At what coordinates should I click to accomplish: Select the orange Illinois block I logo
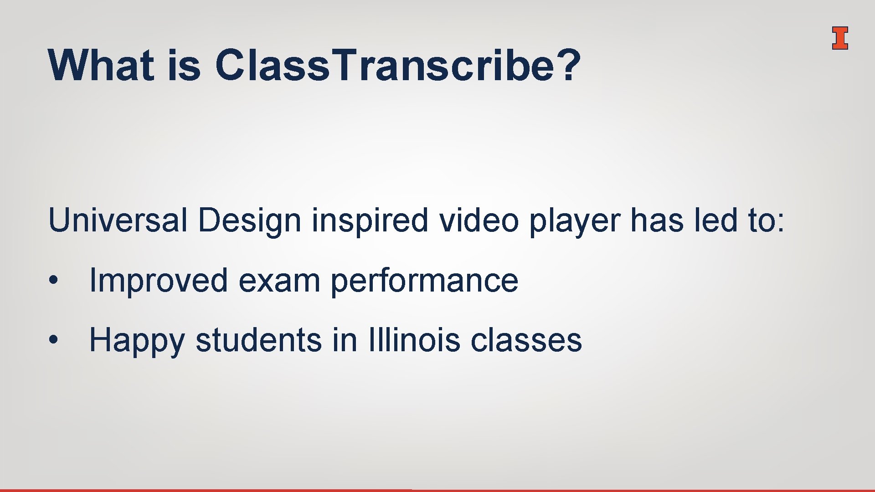[839, 38]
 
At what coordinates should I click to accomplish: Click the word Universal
[118, 220]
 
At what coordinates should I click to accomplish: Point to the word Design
[249, 220]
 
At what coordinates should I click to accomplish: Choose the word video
[479, 220]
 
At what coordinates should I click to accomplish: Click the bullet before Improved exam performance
[54, 280]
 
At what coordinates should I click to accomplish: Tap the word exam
[279, 281]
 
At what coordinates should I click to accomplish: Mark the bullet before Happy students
[54, 340]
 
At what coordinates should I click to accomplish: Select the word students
[258, 340]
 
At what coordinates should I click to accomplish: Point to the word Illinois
[414, 340]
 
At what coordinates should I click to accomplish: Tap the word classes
[526, 340]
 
